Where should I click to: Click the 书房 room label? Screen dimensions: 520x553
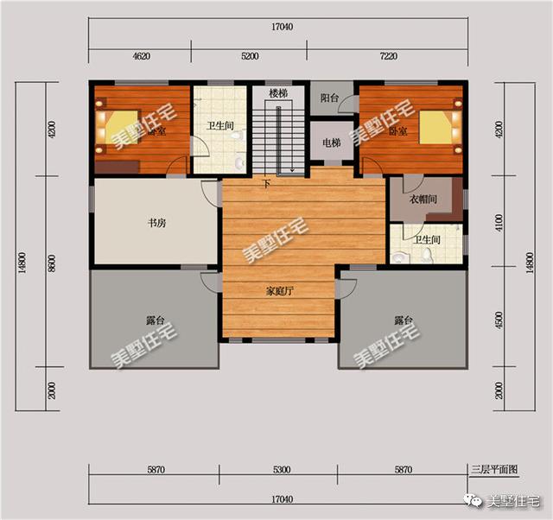coord(156,223)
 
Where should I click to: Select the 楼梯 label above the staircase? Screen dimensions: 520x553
coord(277,93)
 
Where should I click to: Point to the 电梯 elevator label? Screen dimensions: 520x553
coord(331,143)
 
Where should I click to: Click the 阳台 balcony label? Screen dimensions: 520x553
coord(329,98)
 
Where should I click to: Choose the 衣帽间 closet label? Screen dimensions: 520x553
coord(423,200)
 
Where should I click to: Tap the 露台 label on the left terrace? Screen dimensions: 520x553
coord(156,320)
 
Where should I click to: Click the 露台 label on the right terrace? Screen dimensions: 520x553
coord(404,320)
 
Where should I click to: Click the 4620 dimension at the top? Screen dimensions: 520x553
coord(142,56)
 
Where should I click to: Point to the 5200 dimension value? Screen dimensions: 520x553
coord(250,56)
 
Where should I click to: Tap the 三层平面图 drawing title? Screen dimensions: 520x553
coord(493,470)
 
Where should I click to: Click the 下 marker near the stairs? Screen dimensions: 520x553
coord(266,183)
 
